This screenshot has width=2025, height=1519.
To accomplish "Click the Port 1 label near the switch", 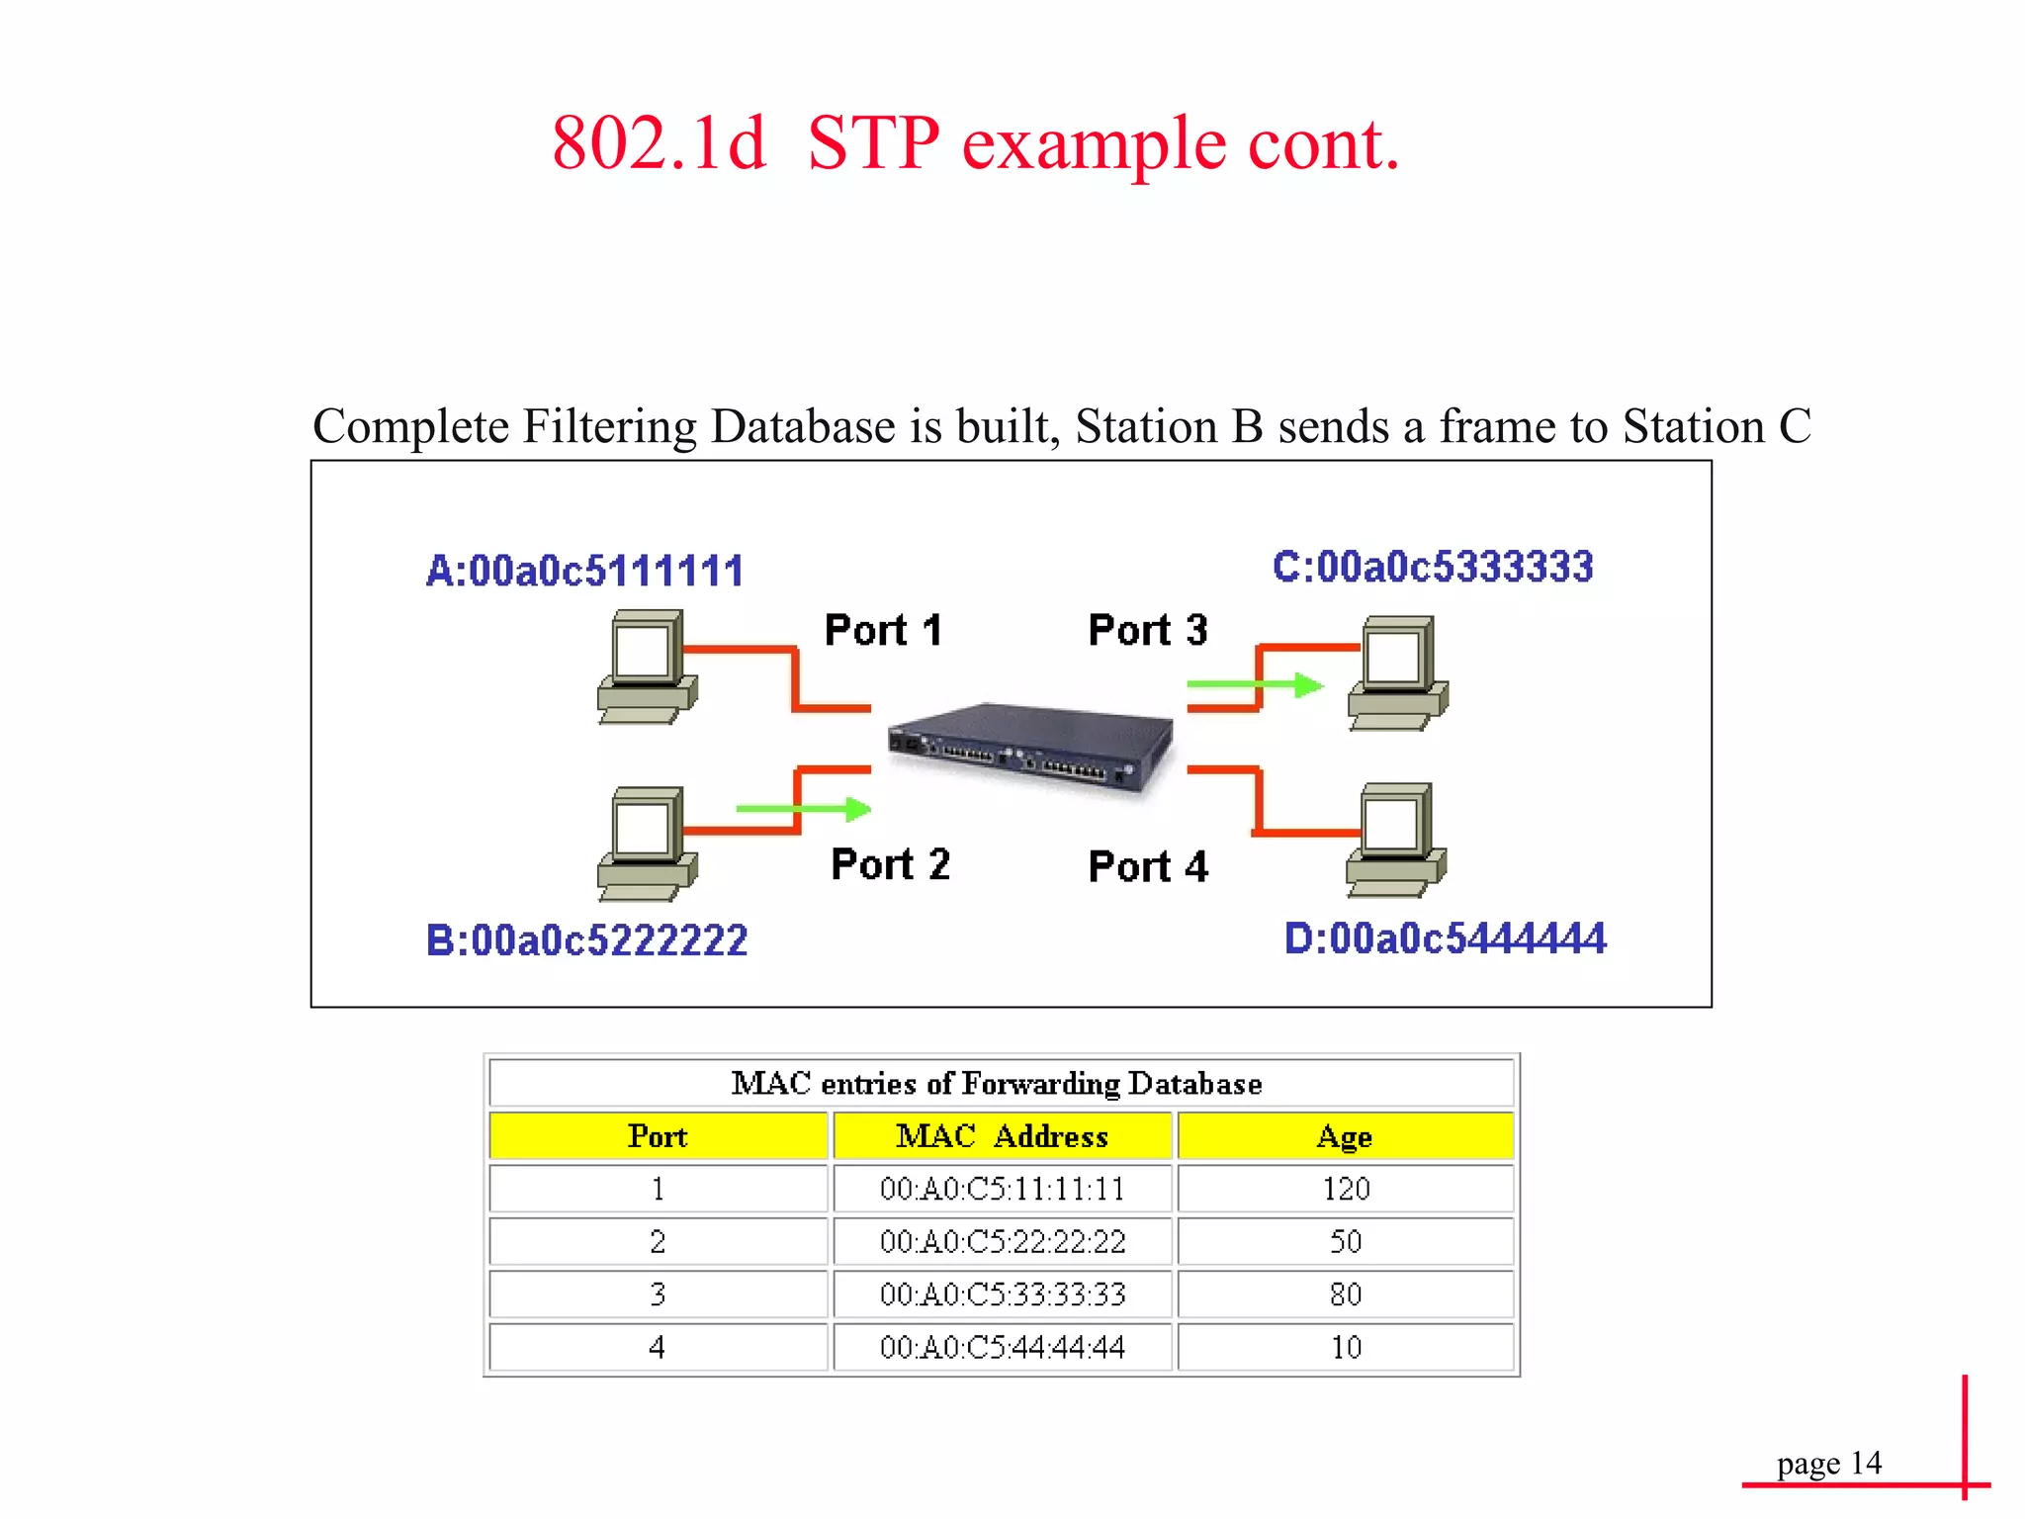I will tap(883, 630).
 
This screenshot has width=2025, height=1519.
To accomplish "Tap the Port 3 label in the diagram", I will tap(1147, 630).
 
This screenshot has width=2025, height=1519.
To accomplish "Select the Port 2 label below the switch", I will tap(890, 864).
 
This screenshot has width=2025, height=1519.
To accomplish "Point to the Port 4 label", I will tap(1148, 867).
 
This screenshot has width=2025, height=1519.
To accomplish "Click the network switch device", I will tap(1030, 747).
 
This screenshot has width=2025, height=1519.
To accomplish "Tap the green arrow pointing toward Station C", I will tap(1255, 684).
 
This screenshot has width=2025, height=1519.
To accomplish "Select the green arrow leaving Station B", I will tap(803, 810).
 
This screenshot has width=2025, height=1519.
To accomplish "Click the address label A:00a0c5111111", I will tap(584, 572).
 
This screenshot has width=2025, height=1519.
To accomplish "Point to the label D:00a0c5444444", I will tap(1445, 938).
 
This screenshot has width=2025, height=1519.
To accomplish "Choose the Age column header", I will tap(1345, 1136).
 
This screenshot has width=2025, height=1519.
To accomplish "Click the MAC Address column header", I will tap(1002, 1136).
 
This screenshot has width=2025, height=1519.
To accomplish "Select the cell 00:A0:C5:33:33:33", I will tap(1002, 1295).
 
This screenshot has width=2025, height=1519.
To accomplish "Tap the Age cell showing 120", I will tap(1346, 1189).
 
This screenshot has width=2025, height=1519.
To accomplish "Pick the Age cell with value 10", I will tap(1346, 1347).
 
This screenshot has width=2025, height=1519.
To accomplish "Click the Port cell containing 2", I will tap(658, 1242).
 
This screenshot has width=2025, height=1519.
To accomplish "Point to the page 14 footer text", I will tap(1828, 1463).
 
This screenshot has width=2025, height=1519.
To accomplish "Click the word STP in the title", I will tap(872, 144).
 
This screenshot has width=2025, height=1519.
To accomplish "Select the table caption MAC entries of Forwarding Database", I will tap(997, 1084).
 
